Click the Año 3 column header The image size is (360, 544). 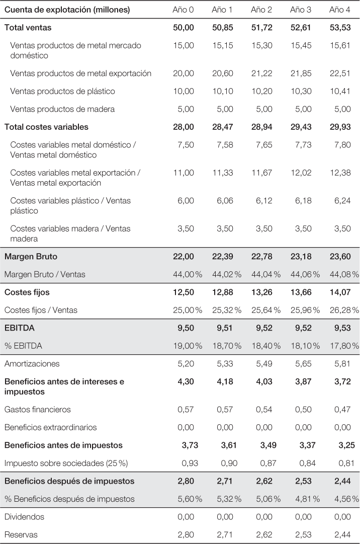(x=301, y=10)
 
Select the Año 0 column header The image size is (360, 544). (x=183, y=10)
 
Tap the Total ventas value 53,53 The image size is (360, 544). (x=340, y=28)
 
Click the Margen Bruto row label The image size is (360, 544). (x=31, y=257)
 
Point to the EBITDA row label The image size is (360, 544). (x=19, y=328)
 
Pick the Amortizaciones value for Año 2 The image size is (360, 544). (x=261, y=364)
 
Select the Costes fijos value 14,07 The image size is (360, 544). (x=340, y=292)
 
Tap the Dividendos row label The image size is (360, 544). (x=24, y=517)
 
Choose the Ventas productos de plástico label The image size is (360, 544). (x=62, y=91)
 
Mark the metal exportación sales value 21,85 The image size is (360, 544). (x=301, y=73)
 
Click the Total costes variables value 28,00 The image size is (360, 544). (x=183, y=127)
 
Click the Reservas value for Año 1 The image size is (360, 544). (x=222, y=534)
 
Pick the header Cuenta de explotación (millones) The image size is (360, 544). (x=67, y=10)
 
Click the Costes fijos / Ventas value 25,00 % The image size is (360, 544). (x=188, y=310)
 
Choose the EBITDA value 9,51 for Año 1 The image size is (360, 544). (x=222, y=328)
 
